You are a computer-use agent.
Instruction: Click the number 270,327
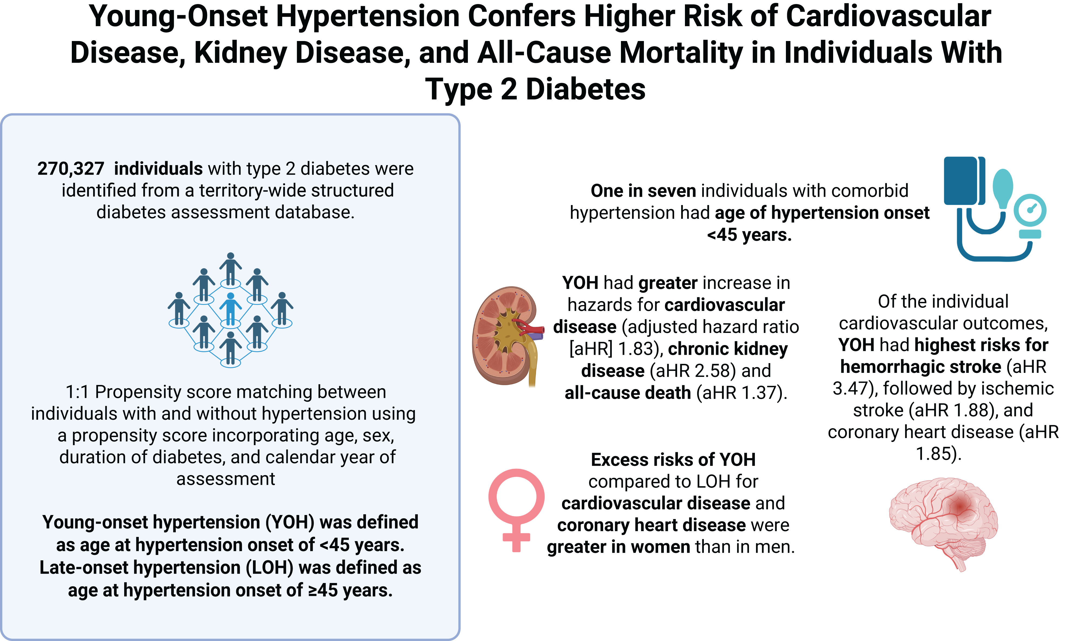pos(70,168)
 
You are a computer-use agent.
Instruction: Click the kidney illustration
pos(504,336)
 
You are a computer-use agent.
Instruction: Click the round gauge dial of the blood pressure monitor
pos(1030,210)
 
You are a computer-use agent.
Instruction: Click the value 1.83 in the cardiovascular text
pos(634,349)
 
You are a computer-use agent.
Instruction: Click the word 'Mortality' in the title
pos(681,53)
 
